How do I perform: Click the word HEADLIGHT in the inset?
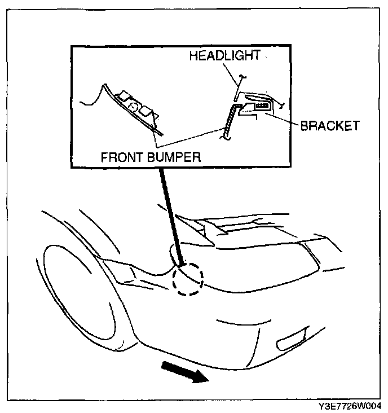(x=224, y=56)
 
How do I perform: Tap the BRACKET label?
(x=329, y=125)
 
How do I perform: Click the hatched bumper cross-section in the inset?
(x=229, y=120)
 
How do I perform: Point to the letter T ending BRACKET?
(x=355, y=125)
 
